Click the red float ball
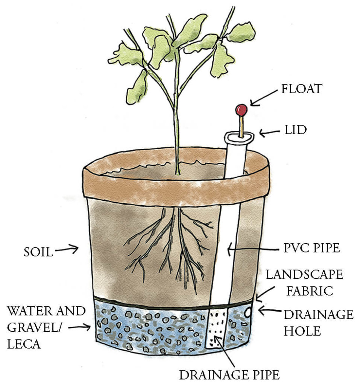(x=241, y=110)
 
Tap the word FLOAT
(x=302, y=89)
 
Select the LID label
(x=296, y=130)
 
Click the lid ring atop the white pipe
(x=239, y=137)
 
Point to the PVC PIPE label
(x=312, y=248)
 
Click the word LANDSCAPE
(x=304, y=274)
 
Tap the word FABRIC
(x=310, y=291)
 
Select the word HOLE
(x=302, y=331)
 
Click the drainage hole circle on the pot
(x=248, y=312)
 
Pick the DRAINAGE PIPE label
(x=229, y=375)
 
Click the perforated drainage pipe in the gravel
(x=216, y=328)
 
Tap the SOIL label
(x=38, y=252)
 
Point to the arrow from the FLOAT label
(x=263, y=98)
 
